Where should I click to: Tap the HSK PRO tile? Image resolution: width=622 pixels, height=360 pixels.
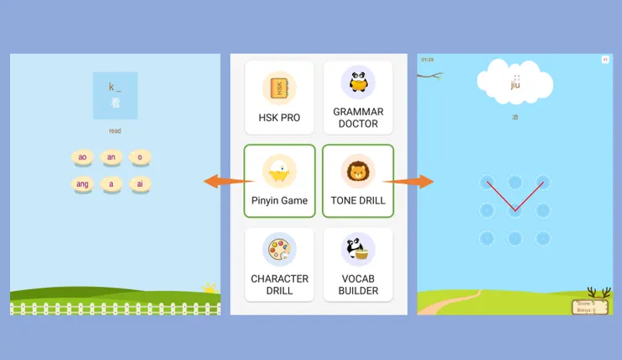(x=279, y=98)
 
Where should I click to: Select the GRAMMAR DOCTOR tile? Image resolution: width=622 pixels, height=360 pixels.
(x=358, y=98)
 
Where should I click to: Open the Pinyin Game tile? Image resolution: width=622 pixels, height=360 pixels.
(x=279, y=181)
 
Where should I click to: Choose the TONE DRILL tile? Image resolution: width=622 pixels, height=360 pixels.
(x=358, y=181)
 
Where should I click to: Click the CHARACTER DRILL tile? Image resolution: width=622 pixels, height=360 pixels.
(x=279, y=264)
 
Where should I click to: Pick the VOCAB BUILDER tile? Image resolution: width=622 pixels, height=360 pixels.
(x=358, y=264)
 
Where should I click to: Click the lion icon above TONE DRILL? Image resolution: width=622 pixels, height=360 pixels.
(x=358, y=172)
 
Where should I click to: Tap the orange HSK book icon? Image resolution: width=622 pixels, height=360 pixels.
(x=279, y=87)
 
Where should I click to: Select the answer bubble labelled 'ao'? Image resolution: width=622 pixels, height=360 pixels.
(x=82, y=157)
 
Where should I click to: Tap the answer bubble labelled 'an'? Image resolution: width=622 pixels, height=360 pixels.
(x=111, y=157)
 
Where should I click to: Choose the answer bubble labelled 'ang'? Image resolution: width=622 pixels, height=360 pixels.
(x=82, y=183)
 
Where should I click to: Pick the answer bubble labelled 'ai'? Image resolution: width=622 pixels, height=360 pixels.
(x=140, y=183)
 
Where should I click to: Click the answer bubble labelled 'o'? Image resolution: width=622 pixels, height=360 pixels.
(x=140, y=157)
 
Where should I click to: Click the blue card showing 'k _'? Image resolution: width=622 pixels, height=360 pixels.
(x=115, y=95)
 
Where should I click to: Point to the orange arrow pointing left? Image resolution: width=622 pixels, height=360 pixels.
(x=222, y=181)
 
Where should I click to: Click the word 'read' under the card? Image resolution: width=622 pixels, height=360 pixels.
(x=115, y=131)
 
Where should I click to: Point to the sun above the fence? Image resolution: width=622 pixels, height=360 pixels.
(x=208, y=289)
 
